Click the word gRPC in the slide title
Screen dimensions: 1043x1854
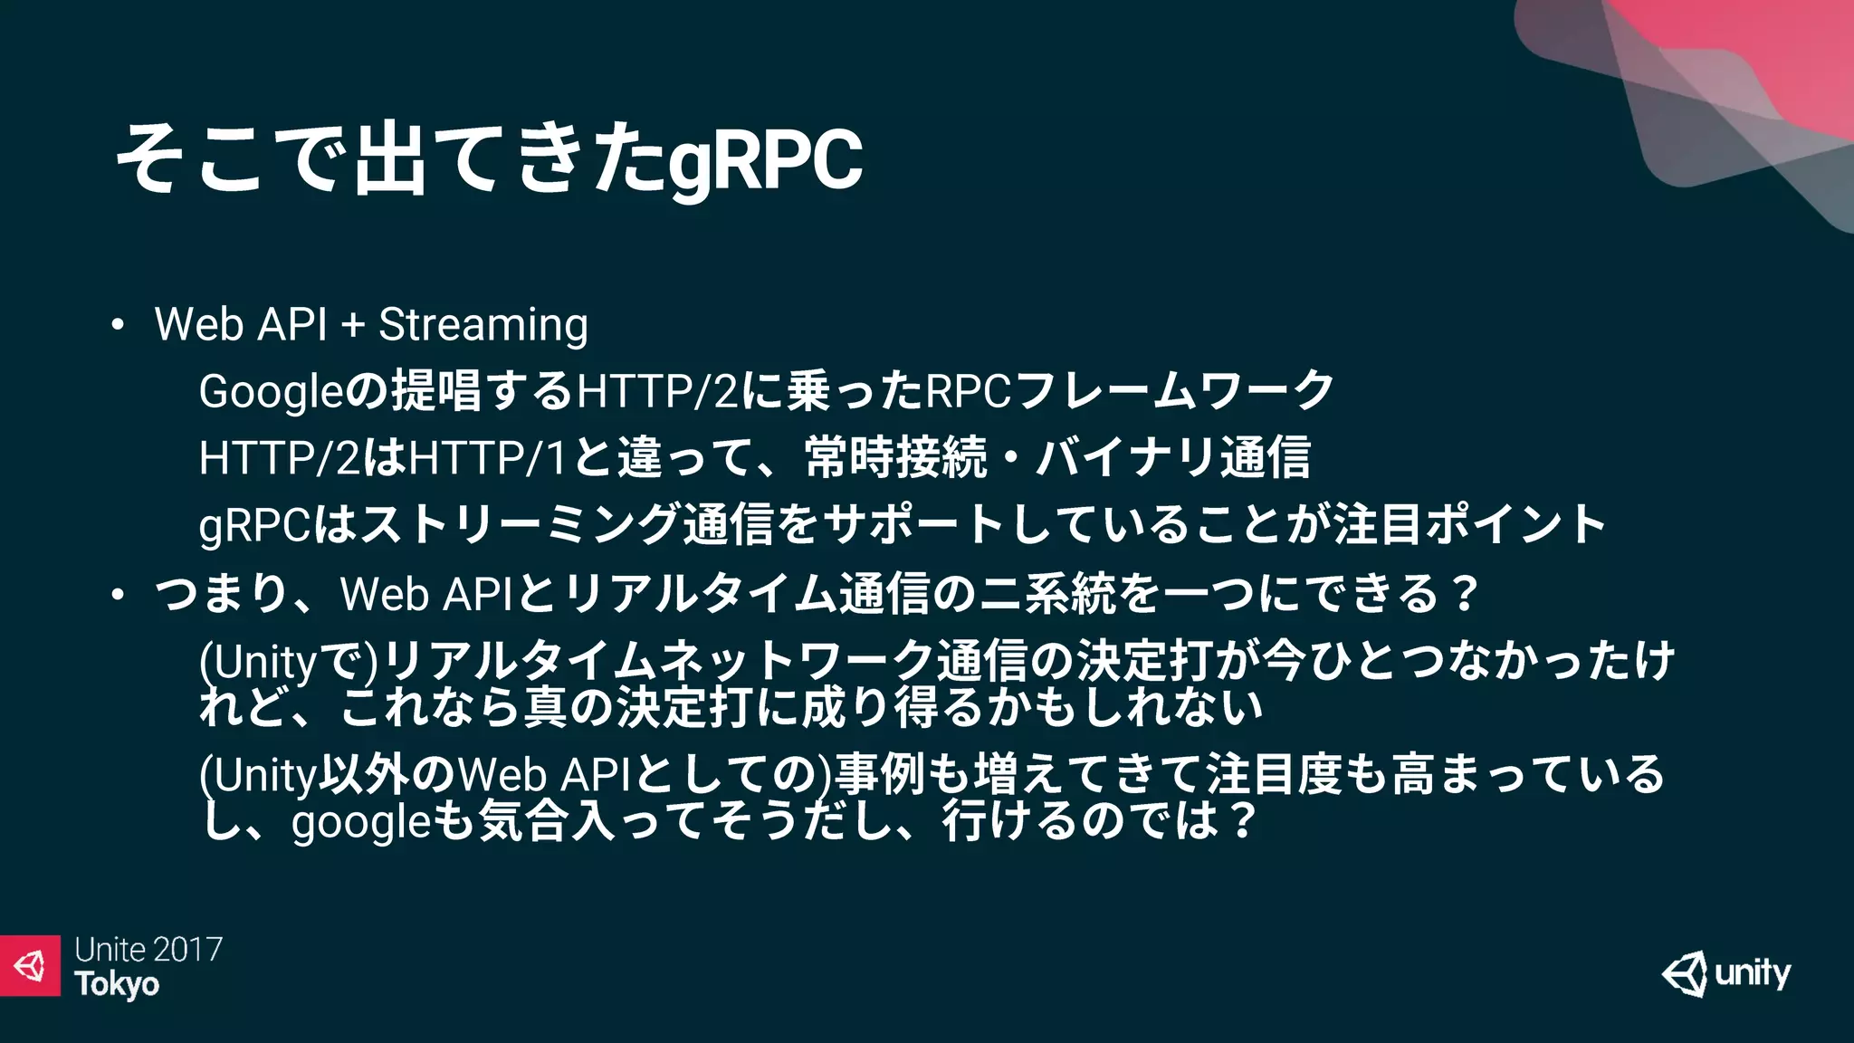point(766,161)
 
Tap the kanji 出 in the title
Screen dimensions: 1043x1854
point(390,159)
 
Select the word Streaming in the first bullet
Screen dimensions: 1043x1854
point(483,325)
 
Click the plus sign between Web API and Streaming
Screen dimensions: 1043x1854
point(353,325)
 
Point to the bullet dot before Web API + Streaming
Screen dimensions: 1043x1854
point(117,326)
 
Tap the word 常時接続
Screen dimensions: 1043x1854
point(895,457)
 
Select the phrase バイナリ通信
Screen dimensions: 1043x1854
point(1174,457)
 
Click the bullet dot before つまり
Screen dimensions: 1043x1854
point(117,595)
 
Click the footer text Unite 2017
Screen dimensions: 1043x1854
point(148,950)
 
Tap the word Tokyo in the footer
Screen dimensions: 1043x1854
point(117,985)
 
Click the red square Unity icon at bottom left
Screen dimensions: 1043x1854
point(30,966)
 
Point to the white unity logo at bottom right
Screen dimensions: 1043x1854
point(1726,974)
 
